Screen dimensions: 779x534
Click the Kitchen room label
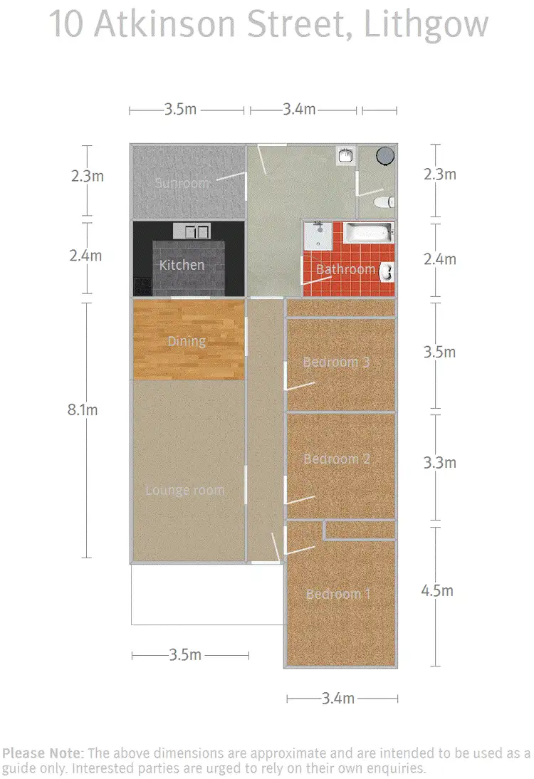(182, 265)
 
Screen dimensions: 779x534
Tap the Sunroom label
(182, 183)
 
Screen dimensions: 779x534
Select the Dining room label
(187, 341)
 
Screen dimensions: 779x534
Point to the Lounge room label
(184, 490)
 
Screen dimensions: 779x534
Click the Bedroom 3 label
(336, 362)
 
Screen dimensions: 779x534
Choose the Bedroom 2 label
(337, 459)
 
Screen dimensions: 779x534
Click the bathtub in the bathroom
(369, 232)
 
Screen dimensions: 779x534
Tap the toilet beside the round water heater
(385, 202)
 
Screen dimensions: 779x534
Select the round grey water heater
(385, 155)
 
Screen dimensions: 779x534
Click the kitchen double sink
(191, 231)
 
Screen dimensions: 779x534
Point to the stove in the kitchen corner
(142, 286)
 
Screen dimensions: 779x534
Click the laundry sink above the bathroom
(346, 155)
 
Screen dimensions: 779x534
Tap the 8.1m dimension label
(83, 409)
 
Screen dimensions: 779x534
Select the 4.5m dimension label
(437, 590)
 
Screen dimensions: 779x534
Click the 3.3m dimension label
(439, 463)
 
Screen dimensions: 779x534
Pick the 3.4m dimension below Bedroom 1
(337, 699)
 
